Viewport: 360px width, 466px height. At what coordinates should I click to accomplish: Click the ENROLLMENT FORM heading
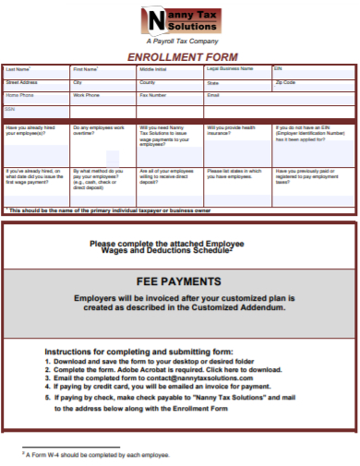pyautogui.click(x=181, y=56)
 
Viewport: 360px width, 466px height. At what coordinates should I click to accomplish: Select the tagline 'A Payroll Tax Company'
pyautogui.click(x=181, y=42)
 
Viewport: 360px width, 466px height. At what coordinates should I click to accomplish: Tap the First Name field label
pyautogui.click(x=86, y=69)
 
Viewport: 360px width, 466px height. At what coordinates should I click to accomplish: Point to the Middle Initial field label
pyautogui.click(x=153, y=69)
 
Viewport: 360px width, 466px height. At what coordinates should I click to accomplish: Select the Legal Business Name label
pyautogui.click(x=229, y=69)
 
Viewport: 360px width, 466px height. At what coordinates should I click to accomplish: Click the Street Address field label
pyautogui.click(x=22, y=82)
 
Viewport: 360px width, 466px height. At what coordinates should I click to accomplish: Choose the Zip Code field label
pyautogui.click(x=285, y=82)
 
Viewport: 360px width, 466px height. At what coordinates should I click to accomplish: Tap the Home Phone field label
pyautogui.click(x=19, y=95)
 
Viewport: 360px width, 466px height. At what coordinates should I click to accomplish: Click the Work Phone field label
pyautogui.click(x=87, y=95)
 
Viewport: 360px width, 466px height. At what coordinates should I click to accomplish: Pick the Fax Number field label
pyautogui.click(x=153, y=95)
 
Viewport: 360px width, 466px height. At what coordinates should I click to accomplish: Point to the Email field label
pyautogui.click(x=213, y=95)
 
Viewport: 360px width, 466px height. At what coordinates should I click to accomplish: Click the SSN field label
pyautogui.click(x=10, y=109)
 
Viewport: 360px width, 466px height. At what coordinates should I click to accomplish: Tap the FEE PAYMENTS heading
pyautogui.click(x=179, y=281)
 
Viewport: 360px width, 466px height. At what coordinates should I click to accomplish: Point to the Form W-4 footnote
pyautogui.click(x=98, y=455)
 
